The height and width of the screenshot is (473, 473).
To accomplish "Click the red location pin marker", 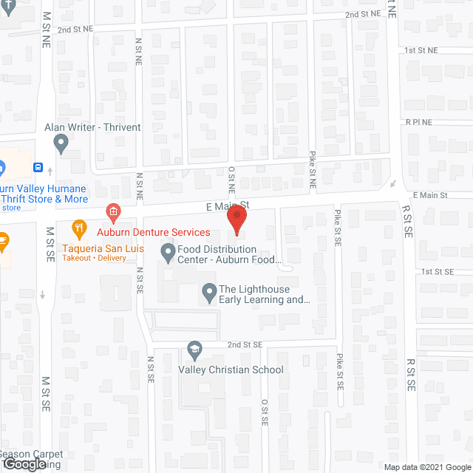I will tap(236, 219).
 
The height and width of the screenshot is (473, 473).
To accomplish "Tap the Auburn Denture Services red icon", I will tap(113, 213).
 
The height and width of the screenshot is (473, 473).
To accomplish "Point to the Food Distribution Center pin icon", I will tap(168, 254).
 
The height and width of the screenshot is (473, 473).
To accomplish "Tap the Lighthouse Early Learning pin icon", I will tap(209, 293).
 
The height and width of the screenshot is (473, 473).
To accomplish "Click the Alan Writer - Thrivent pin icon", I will tap(61, 142).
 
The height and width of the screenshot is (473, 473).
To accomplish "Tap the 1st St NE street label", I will tap(421, 50).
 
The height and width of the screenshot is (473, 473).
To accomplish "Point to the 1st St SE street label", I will tap(437, 272).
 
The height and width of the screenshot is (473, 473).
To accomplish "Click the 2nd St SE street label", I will tap(245, 344).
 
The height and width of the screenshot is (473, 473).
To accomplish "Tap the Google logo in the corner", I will tap(24, 464).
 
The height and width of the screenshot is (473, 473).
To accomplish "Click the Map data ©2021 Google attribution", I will tap(426, 466).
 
